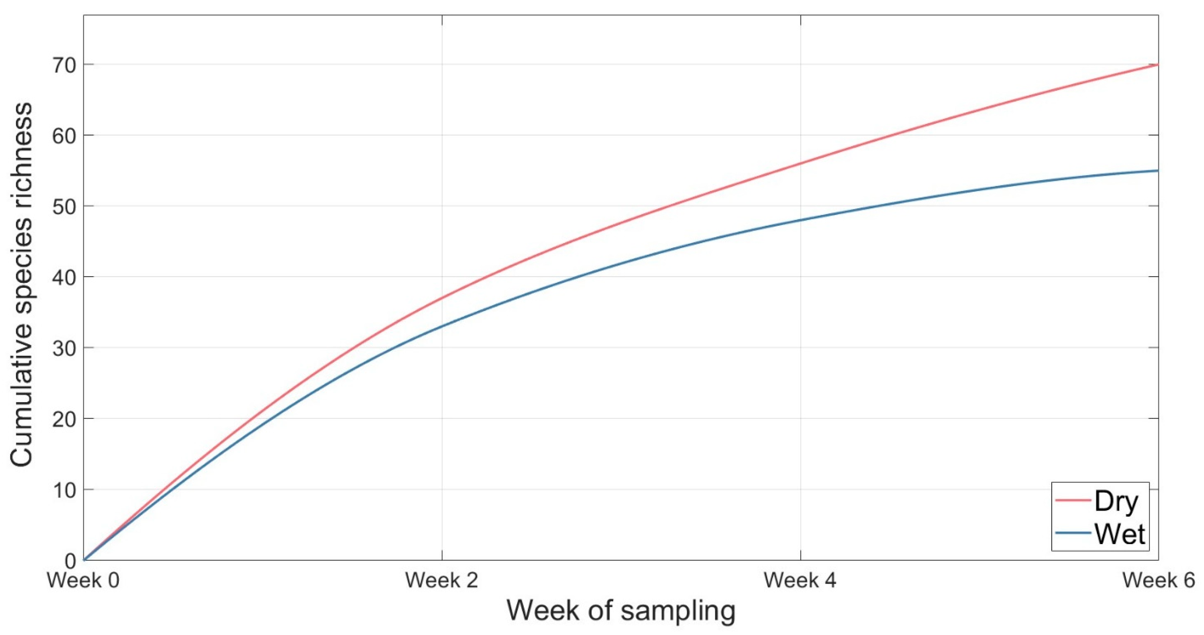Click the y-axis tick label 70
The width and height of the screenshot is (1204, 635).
pos(64,65)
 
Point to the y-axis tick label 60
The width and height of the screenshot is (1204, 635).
pos(64,136)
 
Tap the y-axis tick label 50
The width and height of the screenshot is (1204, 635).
pos(64,206)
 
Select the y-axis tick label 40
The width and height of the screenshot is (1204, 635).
pos(64,278)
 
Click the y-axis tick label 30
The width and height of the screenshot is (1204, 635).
pos(64,348)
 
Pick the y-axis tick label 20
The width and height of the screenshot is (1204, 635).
pos(64,419)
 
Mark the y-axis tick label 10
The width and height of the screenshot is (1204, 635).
pos(64,490)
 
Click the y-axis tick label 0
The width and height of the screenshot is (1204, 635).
pos(70,561)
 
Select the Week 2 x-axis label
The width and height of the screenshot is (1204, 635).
pos(442,581)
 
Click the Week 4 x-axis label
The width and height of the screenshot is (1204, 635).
pos(800,581)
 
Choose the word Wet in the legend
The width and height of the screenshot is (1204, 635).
pos(1120,534)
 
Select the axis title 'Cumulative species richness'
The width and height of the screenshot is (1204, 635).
pos(21,284)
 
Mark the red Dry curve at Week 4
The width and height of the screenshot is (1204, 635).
pos(801,163)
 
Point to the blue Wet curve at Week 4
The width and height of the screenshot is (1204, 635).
pos(801,220)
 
